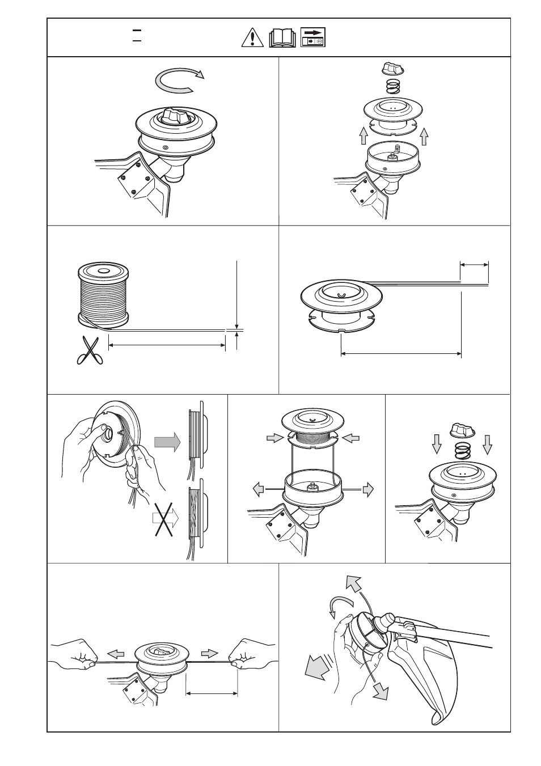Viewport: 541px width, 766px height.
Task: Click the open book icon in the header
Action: pyautogui.click(x=282, y=38)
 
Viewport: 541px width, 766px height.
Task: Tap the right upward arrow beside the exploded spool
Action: pyautogui.click(x=424, y=136)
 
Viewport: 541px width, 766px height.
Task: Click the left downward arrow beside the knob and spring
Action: pyautogui.click(x=436, y=447)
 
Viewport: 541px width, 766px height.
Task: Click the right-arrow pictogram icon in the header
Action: pyautogui.click(x=312, y=37)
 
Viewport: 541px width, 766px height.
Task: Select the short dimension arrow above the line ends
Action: pyautogui.click(x=474, y=264)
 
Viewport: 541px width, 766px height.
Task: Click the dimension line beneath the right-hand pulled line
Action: pyautogui.click(x=212, y=692)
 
